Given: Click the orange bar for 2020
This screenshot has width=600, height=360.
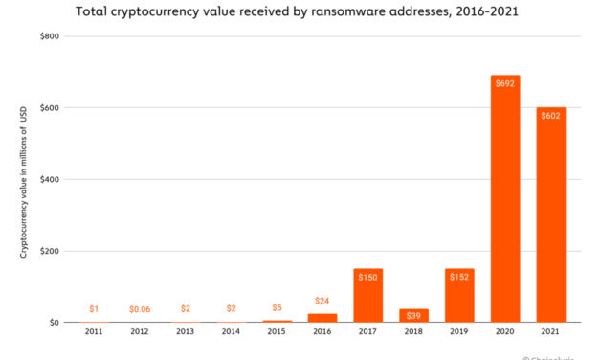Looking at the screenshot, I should point(505,201).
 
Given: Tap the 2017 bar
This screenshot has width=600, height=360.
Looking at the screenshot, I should point(368,297).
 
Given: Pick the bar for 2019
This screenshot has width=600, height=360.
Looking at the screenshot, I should point(459,297).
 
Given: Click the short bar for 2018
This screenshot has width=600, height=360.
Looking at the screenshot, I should point(413,316).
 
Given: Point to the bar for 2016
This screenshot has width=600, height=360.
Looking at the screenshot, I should point(322,318).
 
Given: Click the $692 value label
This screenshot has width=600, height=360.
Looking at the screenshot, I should point(505,84).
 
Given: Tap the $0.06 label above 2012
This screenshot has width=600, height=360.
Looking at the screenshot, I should point(140,309).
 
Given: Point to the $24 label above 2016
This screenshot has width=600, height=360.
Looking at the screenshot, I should point(322,301).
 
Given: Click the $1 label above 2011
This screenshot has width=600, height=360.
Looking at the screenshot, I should point(94,309).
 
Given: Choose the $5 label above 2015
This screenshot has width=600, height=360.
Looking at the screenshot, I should point(277,308).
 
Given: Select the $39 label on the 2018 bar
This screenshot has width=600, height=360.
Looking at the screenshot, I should point(413,315).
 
